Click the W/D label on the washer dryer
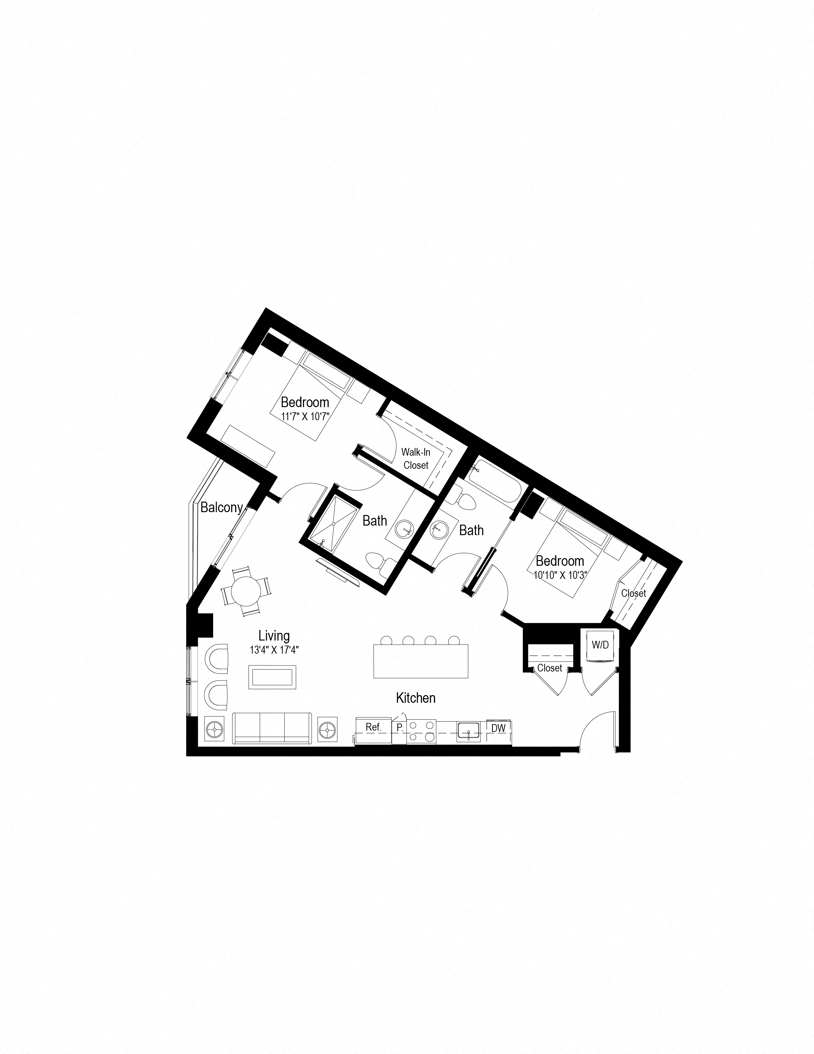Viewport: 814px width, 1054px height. click(x=601, y=645)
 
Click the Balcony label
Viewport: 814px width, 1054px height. click(x=221, y=507)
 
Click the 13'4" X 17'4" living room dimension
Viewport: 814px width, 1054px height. click(x=274, y=650)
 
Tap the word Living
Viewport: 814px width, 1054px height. click(x=274, y=636)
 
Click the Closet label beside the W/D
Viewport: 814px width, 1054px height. click(x=549, y=668)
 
